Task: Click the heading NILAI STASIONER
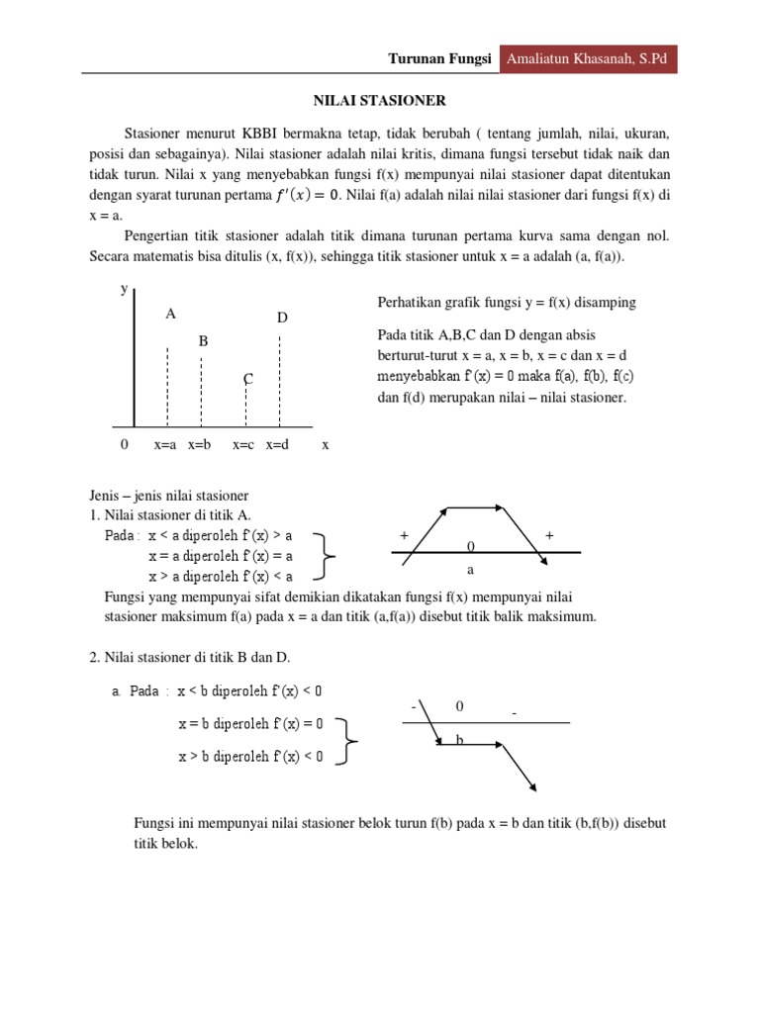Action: (x=380, y=101)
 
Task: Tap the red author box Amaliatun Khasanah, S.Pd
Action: (x=587, y=59)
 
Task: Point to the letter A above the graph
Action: (x=170, y=314)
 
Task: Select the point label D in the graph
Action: (x=282, y=318)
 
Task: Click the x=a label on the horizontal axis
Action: (x=165, y=445)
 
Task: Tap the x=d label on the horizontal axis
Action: (x=277, y=445)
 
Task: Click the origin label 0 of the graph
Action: (x=124, y=445)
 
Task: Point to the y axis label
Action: (x=124, y=289)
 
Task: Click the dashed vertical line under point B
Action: (x=202, y=391)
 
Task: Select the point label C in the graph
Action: (x=248, y=380)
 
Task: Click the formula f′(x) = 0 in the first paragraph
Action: (x=306, y=195)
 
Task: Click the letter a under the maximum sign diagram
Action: (x=471, y=571)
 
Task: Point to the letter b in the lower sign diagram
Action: (x=460, y=739)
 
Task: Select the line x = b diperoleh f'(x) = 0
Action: (x=250, y=723)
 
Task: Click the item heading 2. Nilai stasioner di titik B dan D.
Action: (x=184, y=657)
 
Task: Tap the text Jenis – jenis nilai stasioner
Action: (x=163, y=495)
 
